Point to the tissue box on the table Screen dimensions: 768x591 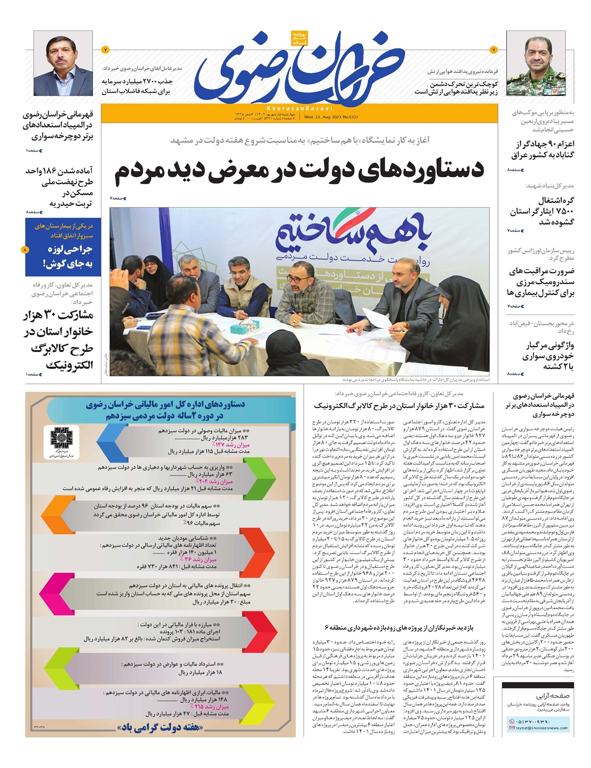(252, 325)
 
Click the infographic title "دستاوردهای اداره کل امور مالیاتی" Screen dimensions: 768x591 (165, 410)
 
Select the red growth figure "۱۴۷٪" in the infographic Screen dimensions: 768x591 (236, 445)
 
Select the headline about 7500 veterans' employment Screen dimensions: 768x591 (542, 211)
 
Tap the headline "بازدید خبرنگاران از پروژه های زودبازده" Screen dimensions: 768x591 (399, 628)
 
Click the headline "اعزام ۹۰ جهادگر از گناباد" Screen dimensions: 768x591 (543, 149)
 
